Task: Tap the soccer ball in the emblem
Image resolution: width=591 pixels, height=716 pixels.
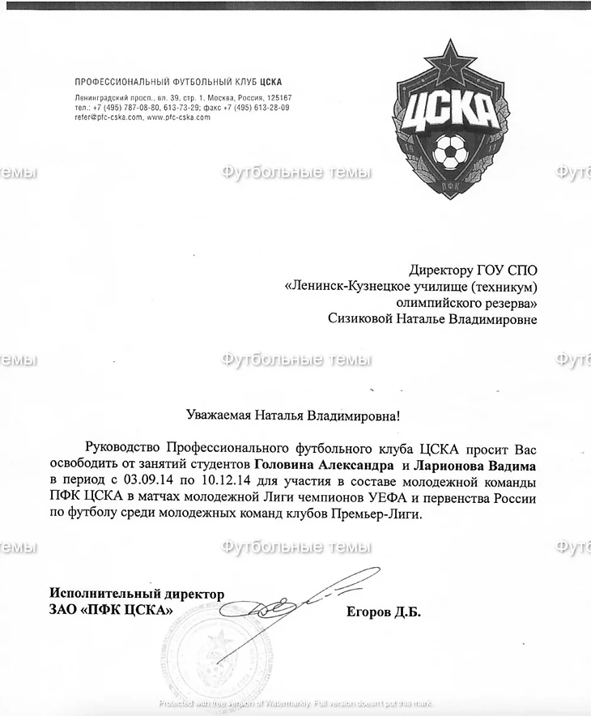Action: pos(447,149)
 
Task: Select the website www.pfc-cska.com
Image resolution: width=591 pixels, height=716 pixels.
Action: pos(178,117)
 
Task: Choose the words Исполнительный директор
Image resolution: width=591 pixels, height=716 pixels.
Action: pos(137,594)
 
